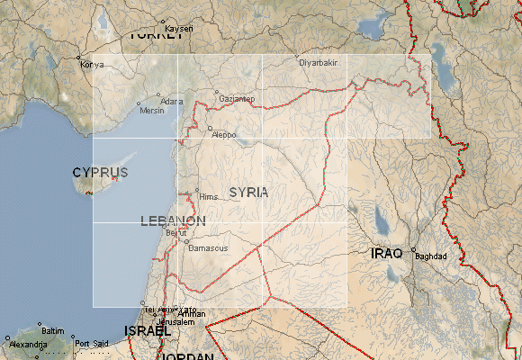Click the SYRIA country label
tap(248, 192)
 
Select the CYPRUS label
tap(100, 172)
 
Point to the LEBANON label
tap(173, 220)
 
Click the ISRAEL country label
tap(147, 331)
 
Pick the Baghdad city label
tap(430, 256)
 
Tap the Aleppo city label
tap(222, 135)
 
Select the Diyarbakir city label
tap(317, 62)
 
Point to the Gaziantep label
tap(235, 98)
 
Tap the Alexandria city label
tap(28, 344)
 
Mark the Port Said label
tap(91, 344)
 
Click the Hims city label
tap(208, 195)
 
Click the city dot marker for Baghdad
tap(413, 249)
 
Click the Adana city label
tap(171, 102)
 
